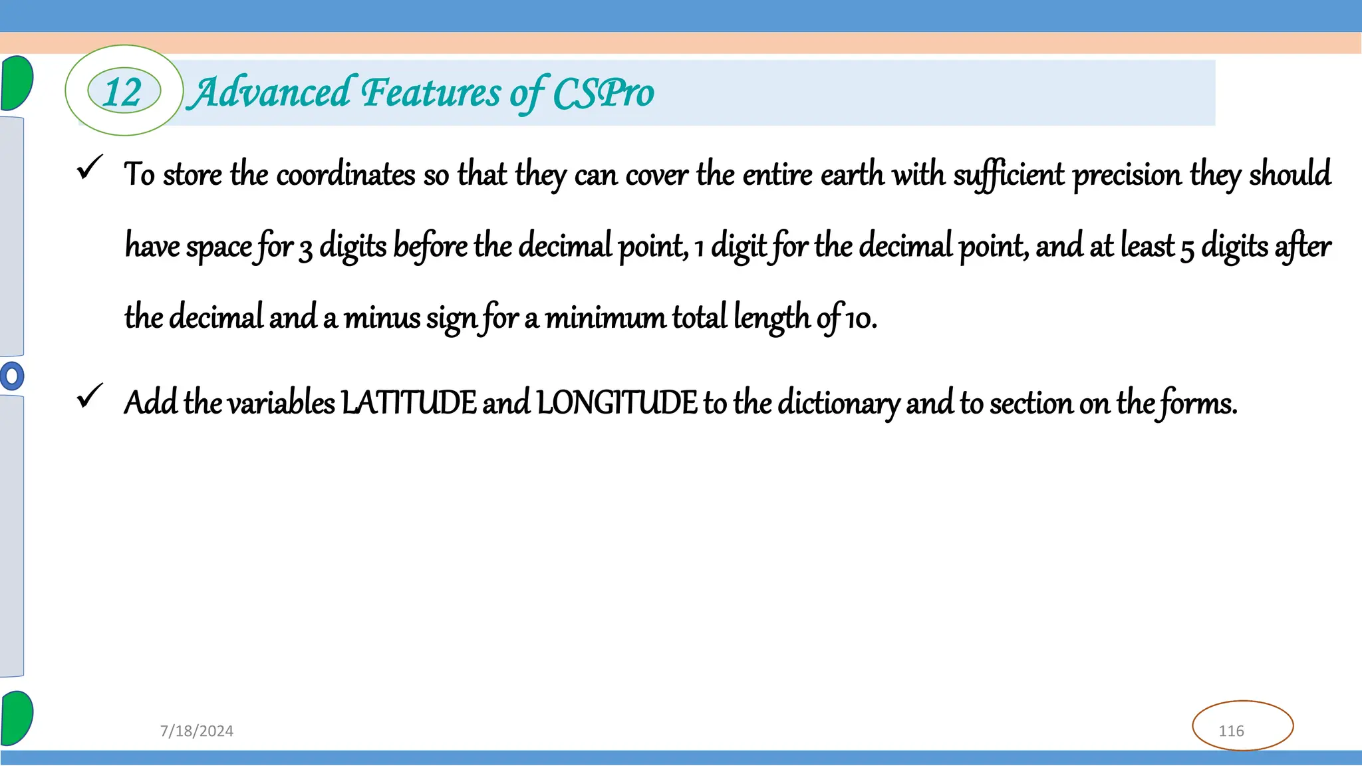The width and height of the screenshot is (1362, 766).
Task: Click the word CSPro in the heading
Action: tap(603, 93)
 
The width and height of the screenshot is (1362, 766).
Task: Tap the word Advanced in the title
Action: tap(269, 92)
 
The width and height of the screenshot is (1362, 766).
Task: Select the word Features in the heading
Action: tap(430, 92)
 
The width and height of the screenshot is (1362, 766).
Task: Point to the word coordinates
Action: tap(346, 175)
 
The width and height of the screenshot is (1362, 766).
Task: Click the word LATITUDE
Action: tap(409, 403)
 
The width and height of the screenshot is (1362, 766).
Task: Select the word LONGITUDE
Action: tap(616, 403)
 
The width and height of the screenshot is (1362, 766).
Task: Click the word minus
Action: tap(382, 318)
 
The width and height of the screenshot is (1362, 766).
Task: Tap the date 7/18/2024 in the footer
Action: tap(197, 731)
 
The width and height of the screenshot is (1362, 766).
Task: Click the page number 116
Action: tap(1231, 731)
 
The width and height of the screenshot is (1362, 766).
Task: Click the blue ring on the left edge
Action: tap(11, 376)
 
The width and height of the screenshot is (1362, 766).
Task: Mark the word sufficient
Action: tap(1008, 175)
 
